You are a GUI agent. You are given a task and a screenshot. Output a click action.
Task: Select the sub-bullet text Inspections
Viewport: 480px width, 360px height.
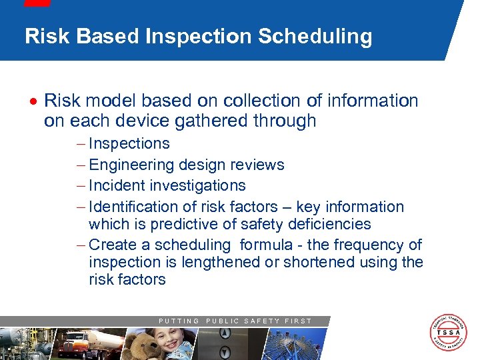point(129,143)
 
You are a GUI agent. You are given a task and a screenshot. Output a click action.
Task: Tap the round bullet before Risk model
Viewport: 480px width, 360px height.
point(33,101)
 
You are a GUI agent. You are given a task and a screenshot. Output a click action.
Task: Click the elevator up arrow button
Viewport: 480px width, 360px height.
point(225,333)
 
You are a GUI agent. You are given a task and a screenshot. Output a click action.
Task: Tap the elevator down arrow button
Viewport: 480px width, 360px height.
point(225,351)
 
